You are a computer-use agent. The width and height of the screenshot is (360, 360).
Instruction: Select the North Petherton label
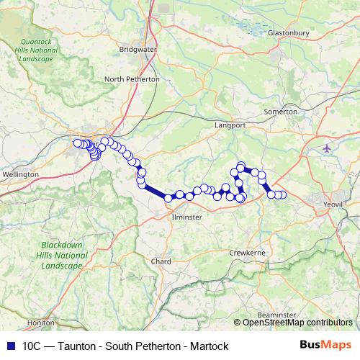point(132,79)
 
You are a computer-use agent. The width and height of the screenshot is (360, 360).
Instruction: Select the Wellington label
point(20,175)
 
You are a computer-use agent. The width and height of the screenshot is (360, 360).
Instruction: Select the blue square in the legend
point(9,346)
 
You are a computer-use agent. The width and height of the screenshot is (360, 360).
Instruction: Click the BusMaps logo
point(331,346)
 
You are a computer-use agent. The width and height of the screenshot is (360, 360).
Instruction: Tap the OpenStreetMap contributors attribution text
point(297,323)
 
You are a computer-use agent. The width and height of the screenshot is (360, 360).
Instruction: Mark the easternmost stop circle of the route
point(282,195)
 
